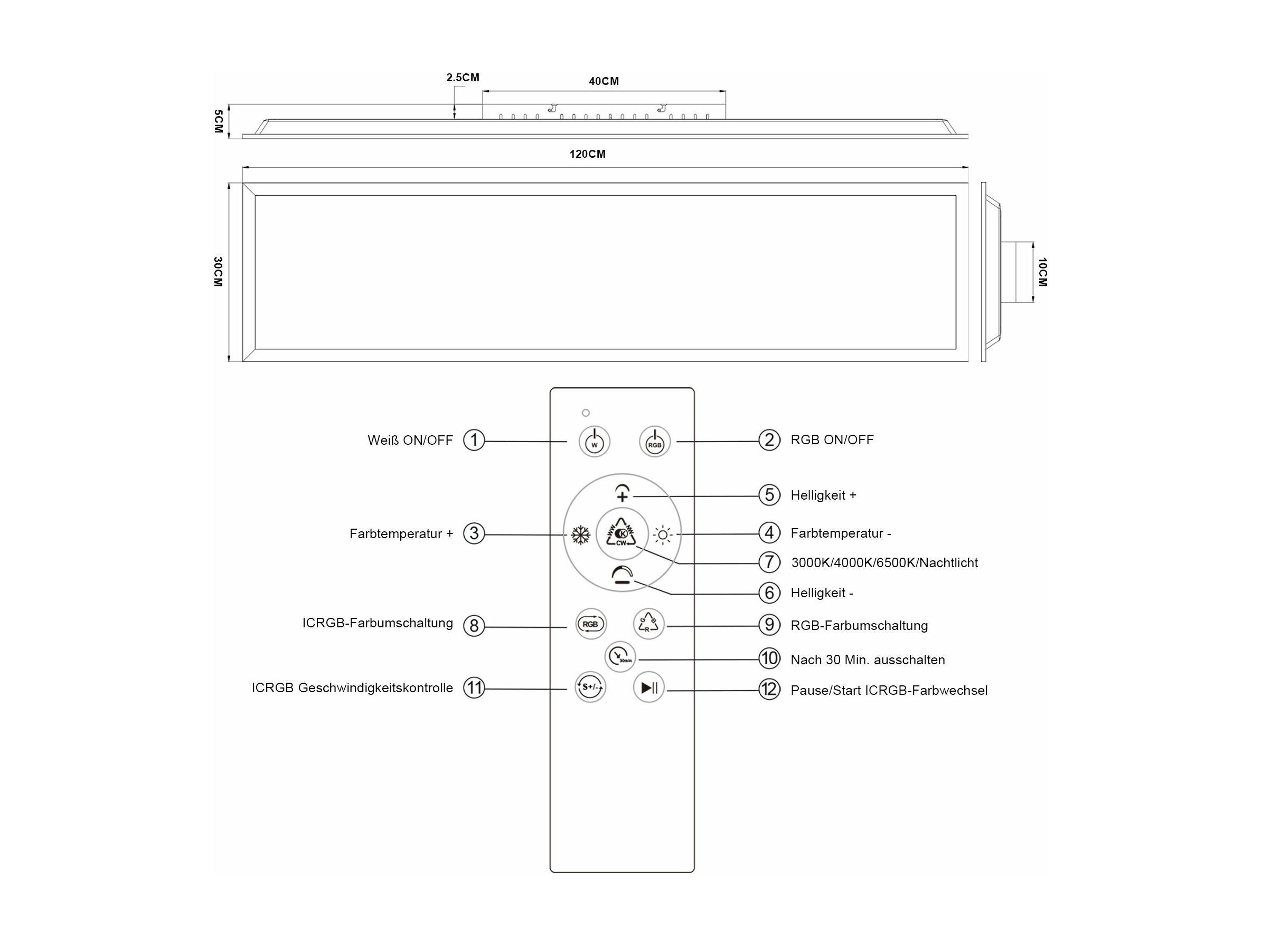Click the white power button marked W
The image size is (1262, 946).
click(x=595, y=442)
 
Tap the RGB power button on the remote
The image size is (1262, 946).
click(x=654, y=442)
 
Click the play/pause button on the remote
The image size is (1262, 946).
click(x=648, y=687)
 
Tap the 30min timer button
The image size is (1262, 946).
click(x=620, y=657)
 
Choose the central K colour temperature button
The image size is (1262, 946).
click(x=622, y=534)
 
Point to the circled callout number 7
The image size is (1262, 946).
click(x=769, y=562)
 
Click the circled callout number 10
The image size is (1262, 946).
click(x=769, y=658)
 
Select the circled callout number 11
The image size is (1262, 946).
click(x=474, y=687)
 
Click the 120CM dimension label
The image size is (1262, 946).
click(x=588, y=154)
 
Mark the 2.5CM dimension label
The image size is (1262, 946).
click(x=463, y=77)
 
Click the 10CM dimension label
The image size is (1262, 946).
click(x=1042, y=272)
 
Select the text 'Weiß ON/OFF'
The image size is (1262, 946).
click(x=410, y=440)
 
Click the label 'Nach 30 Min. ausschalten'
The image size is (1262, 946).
click(x=868, y=660)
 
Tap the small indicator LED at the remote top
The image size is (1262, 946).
click(x=586, y=413)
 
